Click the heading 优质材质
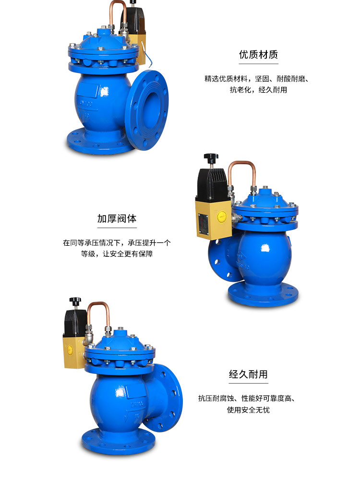click(x=258, y=55)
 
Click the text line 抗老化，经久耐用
click(x=258, y=90)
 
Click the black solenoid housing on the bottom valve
click(x=75, y=320)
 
